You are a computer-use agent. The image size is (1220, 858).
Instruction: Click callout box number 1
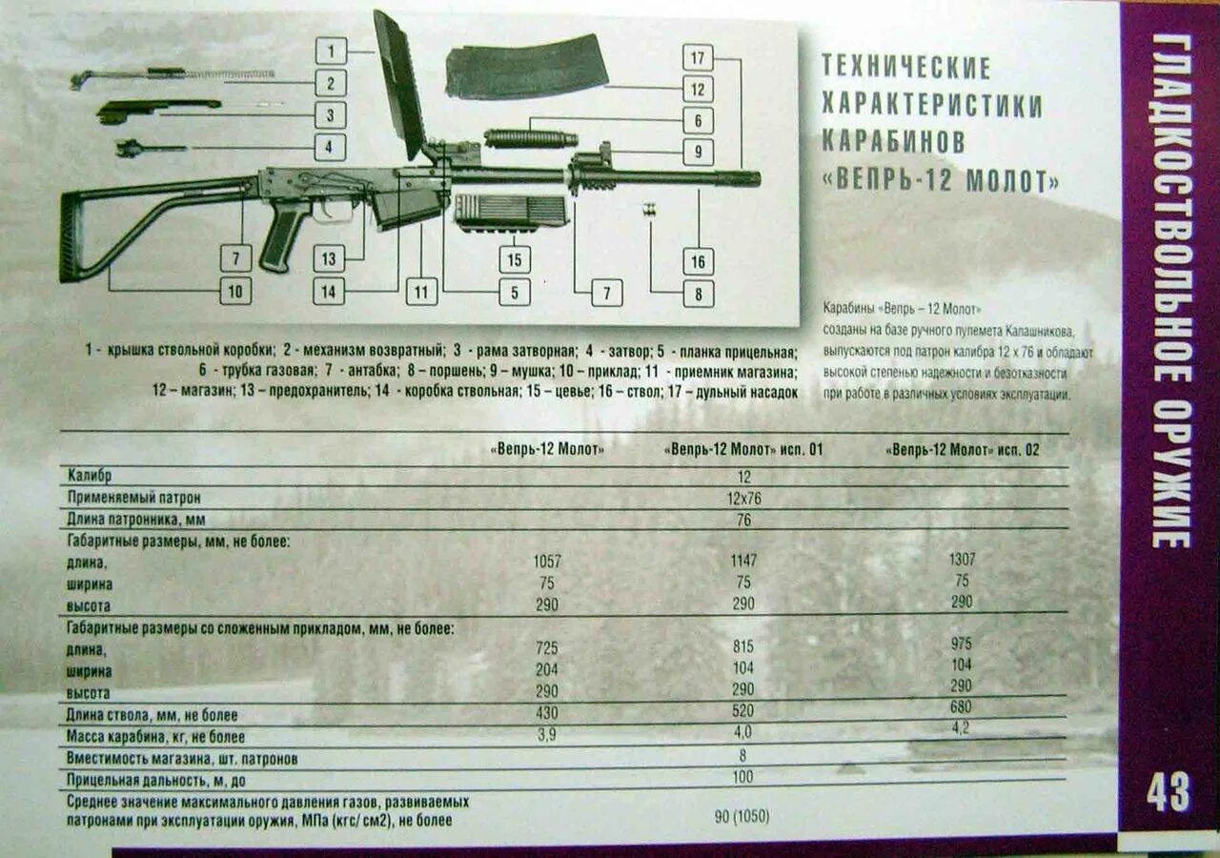(331, 51)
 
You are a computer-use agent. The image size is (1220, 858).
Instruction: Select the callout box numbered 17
(698, 57)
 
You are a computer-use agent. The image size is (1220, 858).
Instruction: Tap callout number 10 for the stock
(235, 290)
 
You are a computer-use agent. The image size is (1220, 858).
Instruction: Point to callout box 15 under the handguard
(515, 259)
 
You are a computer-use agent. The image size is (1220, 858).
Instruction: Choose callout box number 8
(698, 293)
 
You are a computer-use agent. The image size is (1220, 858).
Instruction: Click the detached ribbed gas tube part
(531, 138)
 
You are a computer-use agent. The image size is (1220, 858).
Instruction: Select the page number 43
(1168, 792)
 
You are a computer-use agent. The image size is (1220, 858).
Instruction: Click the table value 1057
(547, 561)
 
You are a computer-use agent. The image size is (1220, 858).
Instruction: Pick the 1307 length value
(962, 560)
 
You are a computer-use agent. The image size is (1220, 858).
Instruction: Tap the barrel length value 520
(742, 710)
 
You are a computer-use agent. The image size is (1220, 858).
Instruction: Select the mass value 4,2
(961, 727)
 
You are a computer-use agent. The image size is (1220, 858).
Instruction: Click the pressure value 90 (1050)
(742, 816)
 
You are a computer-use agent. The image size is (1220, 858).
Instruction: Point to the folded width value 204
(547, 669)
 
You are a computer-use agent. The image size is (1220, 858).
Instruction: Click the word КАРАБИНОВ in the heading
(893, 142)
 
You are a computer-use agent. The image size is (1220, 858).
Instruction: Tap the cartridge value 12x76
(743, 498)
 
